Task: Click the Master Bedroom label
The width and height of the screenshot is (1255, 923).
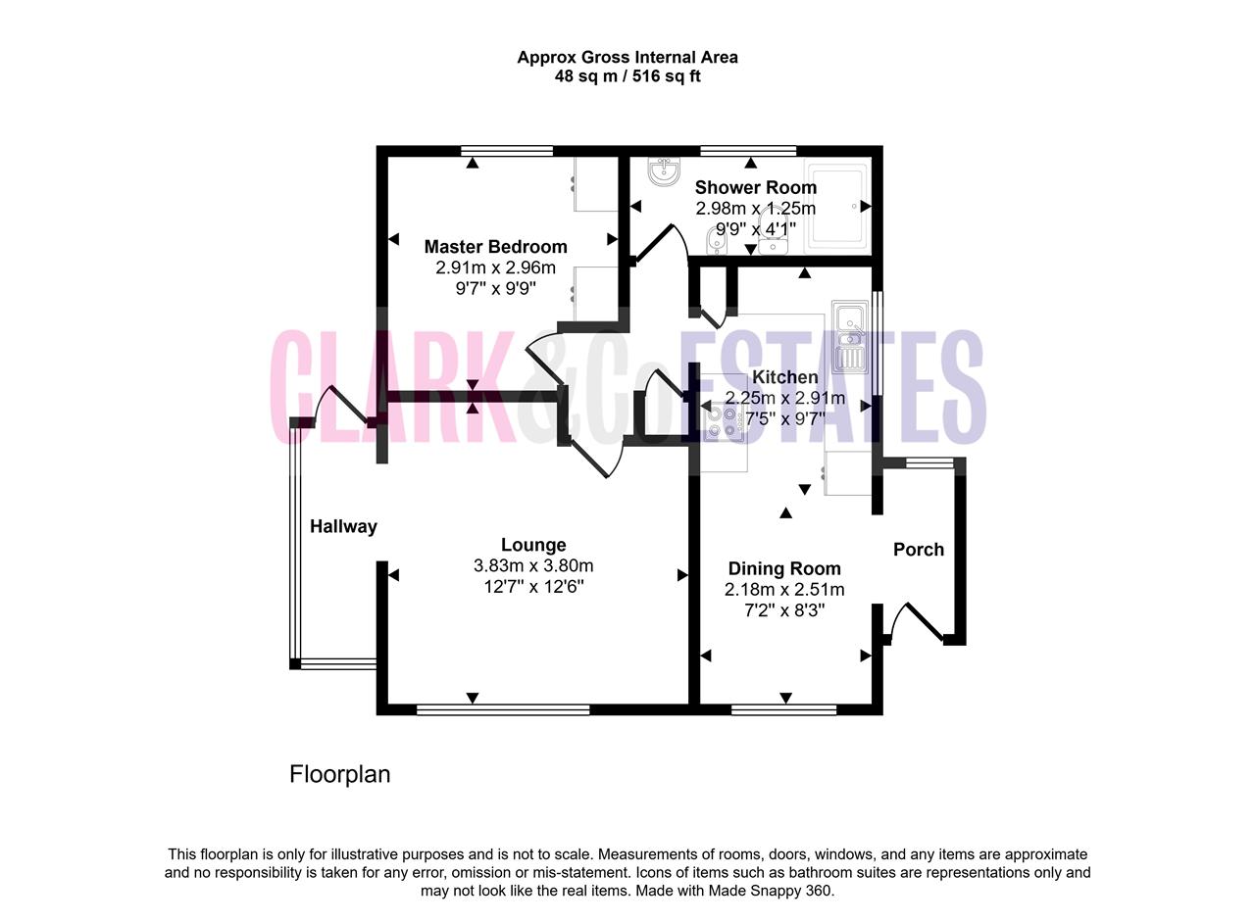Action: (x=495, y=247)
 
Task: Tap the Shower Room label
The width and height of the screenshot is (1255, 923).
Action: (x=755, y=187)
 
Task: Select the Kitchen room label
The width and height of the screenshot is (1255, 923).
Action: (x=785, y=377)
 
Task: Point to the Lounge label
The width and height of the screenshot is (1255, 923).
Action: (x=532, y=545)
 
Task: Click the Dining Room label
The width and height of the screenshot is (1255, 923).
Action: (x=784, y=568)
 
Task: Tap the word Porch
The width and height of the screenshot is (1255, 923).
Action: (x=919, y=550)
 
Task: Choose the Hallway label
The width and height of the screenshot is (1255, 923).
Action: (x=343, y=526)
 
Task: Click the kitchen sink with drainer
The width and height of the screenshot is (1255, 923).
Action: (x=849, y=337)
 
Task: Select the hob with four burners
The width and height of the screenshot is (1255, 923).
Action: (x=723, y=423)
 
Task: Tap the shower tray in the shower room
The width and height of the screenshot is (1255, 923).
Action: (x=837, y=206)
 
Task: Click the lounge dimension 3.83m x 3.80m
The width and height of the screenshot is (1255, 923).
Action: (x=533, y=565)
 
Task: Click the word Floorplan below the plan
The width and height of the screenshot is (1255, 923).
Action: (x=339, y=775)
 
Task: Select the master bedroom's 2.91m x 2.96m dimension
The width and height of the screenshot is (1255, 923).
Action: (x=495, y=267)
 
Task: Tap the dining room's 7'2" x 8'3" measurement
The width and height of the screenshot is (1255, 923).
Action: (x=784, y=609)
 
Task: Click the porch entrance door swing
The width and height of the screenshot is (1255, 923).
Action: (x=915, y=620)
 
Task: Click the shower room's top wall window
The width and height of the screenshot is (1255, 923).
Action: (x=748, y=150)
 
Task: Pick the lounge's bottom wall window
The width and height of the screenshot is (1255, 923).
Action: (x=503, y=709)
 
